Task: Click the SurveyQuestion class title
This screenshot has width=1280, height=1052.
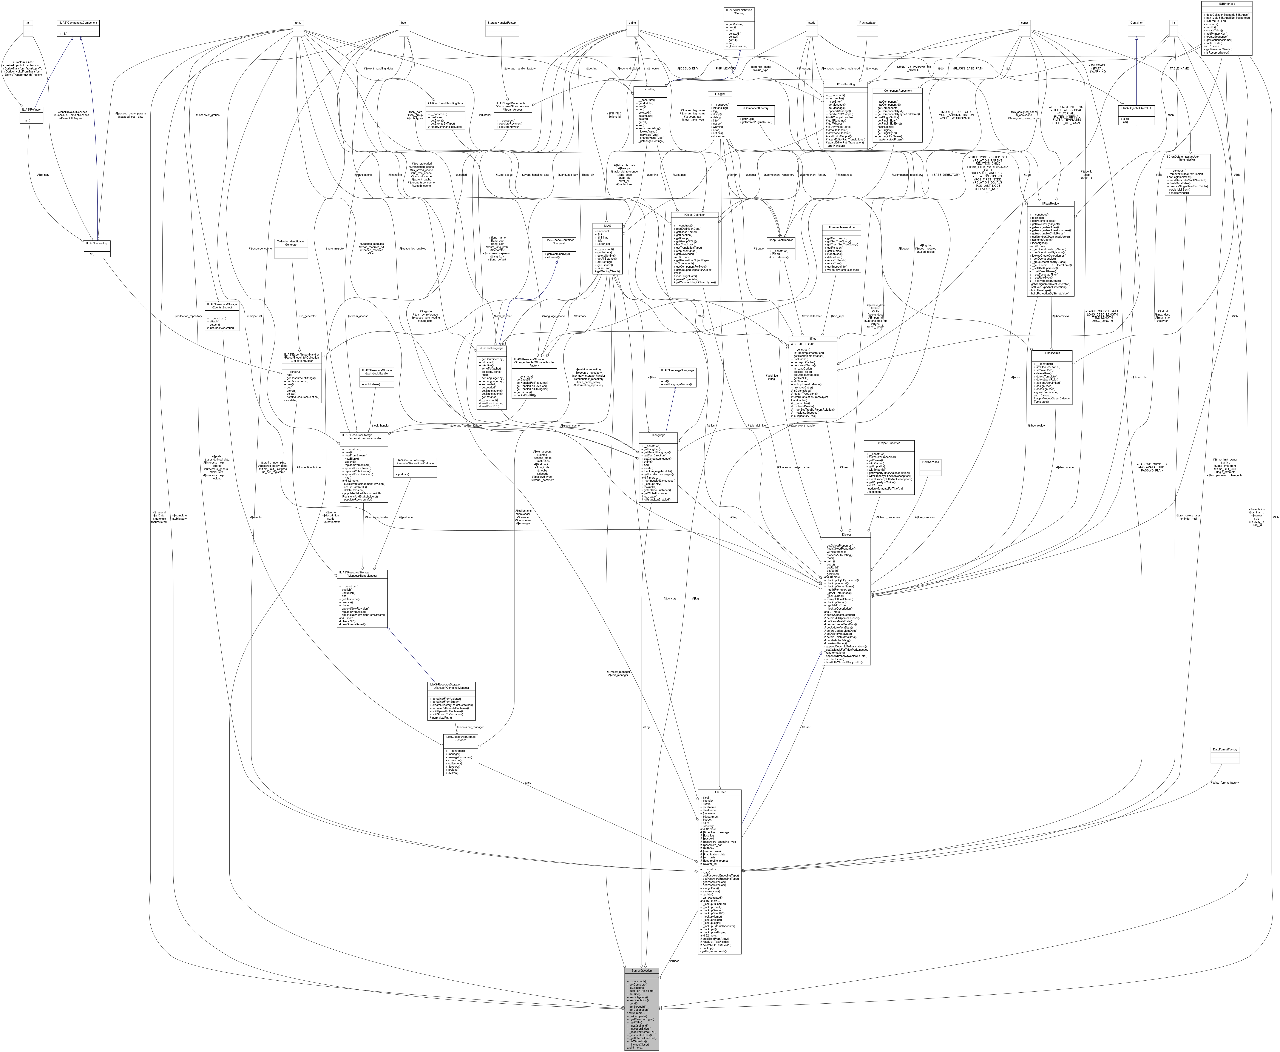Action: (642, 970)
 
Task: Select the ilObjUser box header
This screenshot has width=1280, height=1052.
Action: (719, 792)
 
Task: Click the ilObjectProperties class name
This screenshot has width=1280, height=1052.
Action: (889, 443)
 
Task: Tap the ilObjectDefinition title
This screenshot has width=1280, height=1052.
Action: (695, 214)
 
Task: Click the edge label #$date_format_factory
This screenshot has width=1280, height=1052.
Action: (1224, 782)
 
